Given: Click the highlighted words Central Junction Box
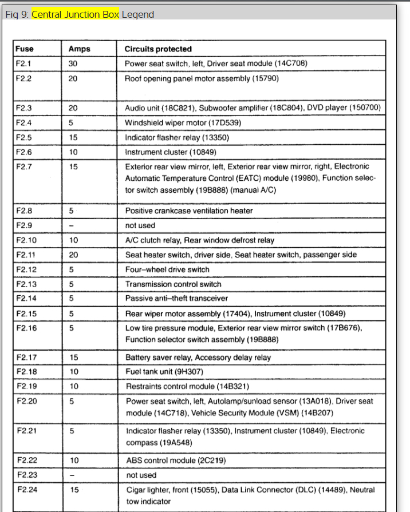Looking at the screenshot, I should [75, 14].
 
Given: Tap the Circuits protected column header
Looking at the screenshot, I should [158, 49].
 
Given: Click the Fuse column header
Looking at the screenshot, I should [25, 49].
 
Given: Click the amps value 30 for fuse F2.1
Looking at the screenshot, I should [73, 63].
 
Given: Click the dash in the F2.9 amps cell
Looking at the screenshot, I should [72, 225].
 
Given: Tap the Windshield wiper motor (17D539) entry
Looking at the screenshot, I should [182, 122].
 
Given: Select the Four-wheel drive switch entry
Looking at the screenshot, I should [167, 269].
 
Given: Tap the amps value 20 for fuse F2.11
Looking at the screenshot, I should [73, 255].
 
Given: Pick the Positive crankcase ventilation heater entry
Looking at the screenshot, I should [189, 211].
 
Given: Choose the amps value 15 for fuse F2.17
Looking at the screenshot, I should [73, 358].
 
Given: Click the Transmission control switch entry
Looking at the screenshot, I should [173, 284].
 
